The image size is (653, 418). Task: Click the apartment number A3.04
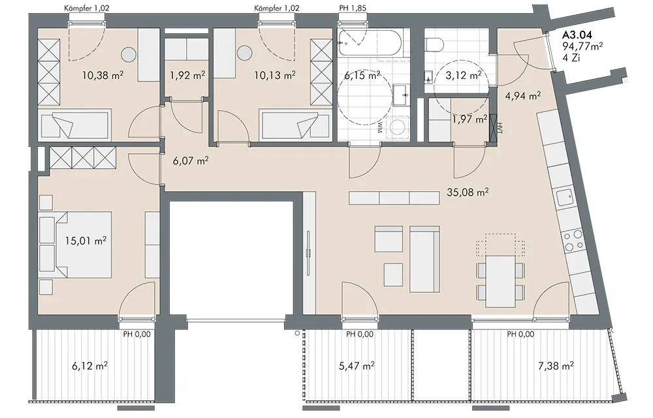pyautogui.click(x=577, y=35)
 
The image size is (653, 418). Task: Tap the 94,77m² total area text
pyautogui.click(x=583, y=46)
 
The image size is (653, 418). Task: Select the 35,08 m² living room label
pyautogui.click(x=468, y=192)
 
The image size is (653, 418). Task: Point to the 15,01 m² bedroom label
pyautogui.click(x=86, y=241)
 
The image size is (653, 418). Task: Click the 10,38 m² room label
pyautogui.click(x=103, y=75)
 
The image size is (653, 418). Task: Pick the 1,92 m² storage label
pyautogui.click(x=187, y=75)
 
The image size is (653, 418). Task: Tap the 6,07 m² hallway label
pyautogui.click(x=191, y=160)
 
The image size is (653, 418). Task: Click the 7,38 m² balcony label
pyautogui.click(x=556, y=366)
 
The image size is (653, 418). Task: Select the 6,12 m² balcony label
pyautogui.click(x=90, y=366)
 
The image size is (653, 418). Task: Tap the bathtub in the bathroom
pyautogui.click(x=370, y=44)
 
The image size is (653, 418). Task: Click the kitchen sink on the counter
pyautogui.click(x=565, y=197)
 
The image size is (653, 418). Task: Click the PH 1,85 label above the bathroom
pyautogui.click(x=353, y=8)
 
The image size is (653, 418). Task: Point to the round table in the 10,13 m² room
pyautogui.click(x=244, y=53)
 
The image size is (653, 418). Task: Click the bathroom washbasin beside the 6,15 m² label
pyautogui.click(x=402, y=96)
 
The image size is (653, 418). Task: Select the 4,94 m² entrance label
pyautogui.click(x=523, y=97)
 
